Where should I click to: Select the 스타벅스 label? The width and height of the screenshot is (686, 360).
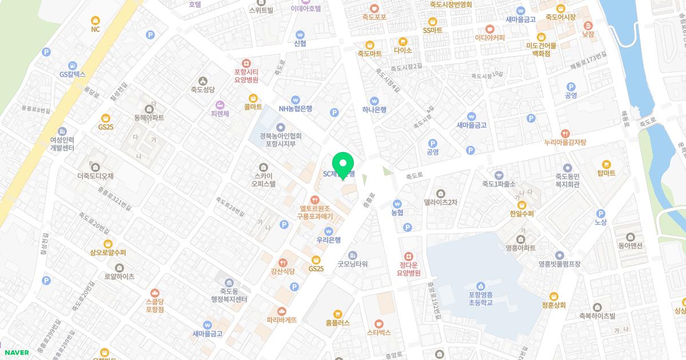(378, 331)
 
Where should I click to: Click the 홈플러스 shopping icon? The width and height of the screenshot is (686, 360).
(337, 313)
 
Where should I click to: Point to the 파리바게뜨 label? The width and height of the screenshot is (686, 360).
(281, 320)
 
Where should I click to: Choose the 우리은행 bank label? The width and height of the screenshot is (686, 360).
(329, 240)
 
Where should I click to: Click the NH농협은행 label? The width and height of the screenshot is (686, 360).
(295, 109)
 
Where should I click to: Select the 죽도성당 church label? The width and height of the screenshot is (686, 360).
(202, 90)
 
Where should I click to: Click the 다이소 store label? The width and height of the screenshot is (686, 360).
(403, 50)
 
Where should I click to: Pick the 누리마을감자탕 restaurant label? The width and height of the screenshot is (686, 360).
(565, 142)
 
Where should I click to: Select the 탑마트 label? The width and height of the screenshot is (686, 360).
(606, 173)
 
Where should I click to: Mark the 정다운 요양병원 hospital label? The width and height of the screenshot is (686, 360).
(409, 269)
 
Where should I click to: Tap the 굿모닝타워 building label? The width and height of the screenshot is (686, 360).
(352, 264)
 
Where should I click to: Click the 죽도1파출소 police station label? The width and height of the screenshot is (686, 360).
(499, 184)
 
